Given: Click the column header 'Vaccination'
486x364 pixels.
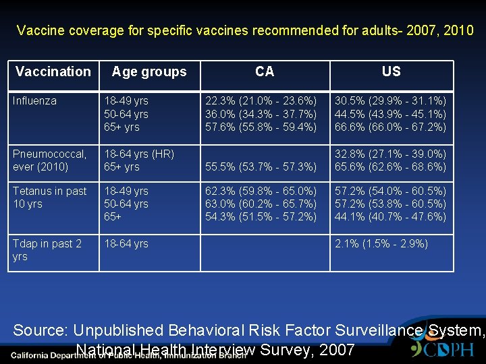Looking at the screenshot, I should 53,71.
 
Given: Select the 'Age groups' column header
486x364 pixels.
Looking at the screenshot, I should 148,71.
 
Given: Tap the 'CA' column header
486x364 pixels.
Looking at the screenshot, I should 265,71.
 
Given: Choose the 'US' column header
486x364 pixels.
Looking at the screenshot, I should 391,71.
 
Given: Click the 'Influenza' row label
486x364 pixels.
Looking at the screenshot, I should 34,101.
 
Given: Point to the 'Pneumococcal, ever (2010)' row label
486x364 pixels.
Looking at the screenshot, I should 49,160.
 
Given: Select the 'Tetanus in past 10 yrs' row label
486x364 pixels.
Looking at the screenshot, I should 49,198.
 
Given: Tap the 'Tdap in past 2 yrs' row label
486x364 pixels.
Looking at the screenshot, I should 47,250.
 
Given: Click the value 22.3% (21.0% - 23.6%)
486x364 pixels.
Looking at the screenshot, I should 261,101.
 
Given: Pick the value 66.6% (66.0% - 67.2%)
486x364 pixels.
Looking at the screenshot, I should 391,127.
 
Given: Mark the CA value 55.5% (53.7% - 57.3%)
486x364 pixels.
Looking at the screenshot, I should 261,166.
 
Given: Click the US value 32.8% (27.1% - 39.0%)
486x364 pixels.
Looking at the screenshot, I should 391,154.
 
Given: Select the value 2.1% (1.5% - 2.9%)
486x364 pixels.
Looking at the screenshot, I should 381,244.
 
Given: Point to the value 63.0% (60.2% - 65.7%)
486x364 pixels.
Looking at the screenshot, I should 261,204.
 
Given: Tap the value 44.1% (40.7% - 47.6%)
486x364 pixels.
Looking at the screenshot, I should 391,217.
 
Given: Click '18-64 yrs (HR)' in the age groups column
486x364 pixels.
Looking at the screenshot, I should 138,154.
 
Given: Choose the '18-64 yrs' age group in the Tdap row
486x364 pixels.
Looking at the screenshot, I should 126,244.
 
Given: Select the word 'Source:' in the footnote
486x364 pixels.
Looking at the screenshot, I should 40,331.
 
